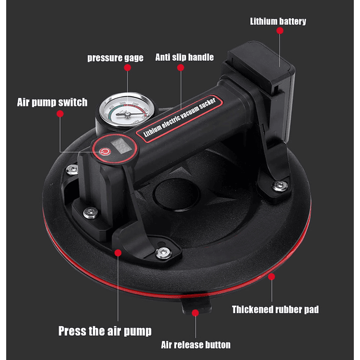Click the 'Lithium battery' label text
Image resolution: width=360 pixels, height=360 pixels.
pyautogui.click(x=278, y=21)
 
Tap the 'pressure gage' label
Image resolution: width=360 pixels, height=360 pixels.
pyautogui.click(x=115, y=57)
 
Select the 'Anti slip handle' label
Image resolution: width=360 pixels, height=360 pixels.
pyautogui.click(x=184, y=57)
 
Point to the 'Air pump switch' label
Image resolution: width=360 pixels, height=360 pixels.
pyautogui.click(x=52, y=102)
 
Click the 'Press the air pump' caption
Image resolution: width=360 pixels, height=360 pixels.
pyautogui.click(x=105, y=331)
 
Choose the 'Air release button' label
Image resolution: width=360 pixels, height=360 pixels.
pyautogui.click(x=196, y=345)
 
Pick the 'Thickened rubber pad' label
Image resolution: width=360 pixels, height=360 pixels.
pyautogui.click(x=275, y=309)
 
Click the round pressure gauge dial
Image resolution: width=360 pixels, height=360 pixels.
pyautogui.click(x=127, y=110)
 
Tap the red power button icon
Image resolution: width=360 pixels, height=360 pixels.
pyautogui.click(x=105, y=152)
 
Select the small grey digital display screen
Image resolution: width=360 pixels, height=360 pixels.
pyautogui.click(x=121, y=146)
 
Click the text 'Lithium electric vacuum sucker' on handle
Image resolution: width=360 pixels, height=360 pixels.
pyautogui.click(x=179, y=117)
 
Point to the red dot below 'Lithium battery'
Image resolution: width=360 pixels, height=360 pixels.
pyautogui.click(x=280, y=30)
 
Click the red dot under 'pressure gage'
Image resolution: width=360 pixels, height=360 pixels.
pyautogui.click(x=128, y=67)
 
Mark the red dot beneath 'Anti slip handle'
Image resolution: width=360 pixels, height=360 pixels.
pyautogui.click(x=181, y=67)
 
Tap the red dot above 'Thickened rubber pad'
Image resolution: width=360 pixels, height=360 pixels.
pyautogui.click(x=271, y=277)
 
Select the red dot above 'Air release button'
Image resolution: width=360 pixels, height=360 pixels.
pyautogui.click(x=195, y=313)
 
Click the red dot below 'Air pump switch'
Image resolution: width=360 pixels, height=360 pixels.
pyautogui.click(x=60, y=114)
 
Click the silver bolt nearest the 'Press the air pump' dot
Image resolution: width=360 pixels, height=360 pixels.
pyautogui.click(x=163, y=252)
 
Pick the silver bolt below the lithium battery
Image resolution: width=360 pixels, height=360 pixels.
pyautogui.click(x=280, y=185)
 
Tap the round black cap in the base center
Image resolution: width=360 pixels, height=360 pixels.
pyautogui.click(x=176, y=195)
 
